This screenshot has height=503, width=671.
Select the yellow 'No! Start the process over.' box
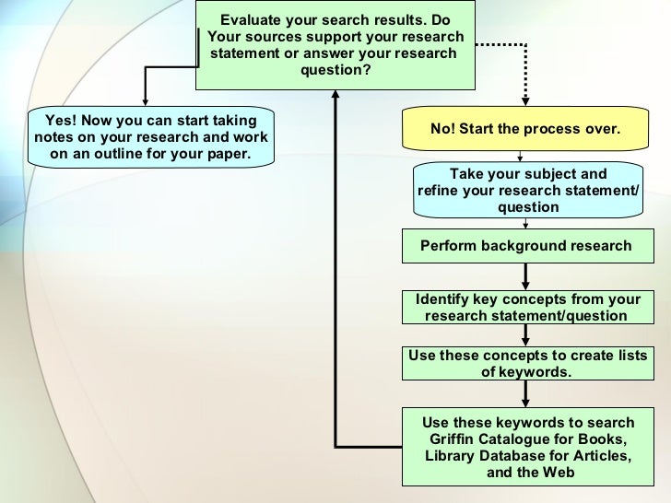[524, 130]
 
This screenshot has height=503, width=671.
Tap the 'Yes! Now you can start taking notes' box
[151, 137]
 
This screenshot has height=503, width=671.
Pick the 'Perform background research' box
[524, 246]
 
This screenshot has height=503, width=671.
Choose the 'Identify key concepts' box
[524, 308]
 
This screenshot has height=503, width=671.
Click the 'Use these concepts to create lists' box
[526, 364]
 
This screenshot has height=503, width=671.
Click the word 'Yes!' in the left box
[63, 121]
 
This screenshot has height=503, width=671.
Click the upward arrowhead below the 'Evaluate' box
[336, 97]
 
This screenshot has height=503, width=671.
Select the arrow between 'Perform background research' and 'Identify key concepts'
[525, 275]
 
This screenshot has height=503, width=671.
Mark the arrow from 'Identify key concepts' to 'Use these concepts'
[525, 336]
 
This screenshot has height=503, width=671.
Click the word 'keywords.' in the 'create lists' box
[526, 372]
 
